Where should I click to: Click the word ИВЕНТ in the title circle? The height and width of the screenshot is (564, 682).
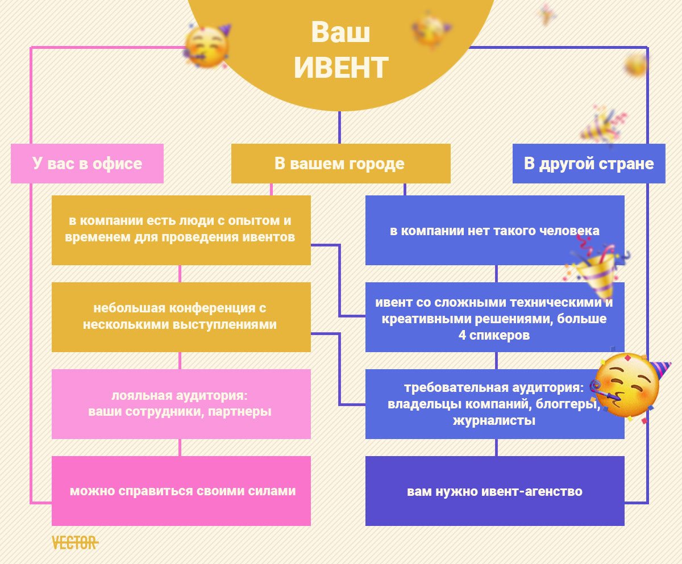(x=341, y=68)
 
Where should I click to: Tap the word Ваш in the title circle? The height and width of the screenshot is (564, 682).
(x=340, y=32)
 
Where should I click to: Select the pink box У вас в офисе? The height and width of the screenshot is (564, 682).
(x=87, y=163)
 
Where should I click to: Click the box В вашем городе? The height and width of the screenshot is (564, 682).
(x=340, y=163)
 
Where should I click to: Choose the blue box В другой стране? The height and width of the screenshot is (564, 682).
(x=589, y=163)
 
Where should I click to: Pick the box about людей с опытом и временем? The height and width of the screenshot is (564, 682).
(x=181, y=230)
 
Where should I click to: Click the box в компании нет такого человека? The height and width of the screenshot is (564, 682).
(x=495, y=230)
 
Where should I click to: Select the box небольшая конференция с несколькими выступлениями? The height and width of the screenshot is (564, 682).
(x=181, y=317)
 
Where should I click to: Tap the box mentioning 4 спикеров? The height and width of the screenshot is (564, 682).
(x=495, y=317)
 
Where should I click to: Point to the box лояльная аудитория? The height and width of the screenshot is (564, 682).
(x=181, y=404)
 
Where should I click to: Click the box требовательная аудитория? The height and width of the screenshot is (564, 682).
(x=495, y=404)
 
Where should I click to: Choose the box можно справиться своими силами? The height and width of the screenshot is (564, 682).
(x=181, y=491)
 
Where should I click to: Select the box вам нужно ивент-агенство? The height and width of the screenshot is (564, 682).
(x=495, y=491)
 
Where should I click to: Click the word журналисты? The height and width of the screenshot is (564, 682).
(x=494, y=420)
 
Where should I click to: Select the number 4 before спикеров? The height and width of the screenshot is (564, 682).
(x=462, y=335)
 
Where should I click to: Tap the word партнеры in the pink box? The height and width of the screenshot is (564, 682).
(x=239, y=412)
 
